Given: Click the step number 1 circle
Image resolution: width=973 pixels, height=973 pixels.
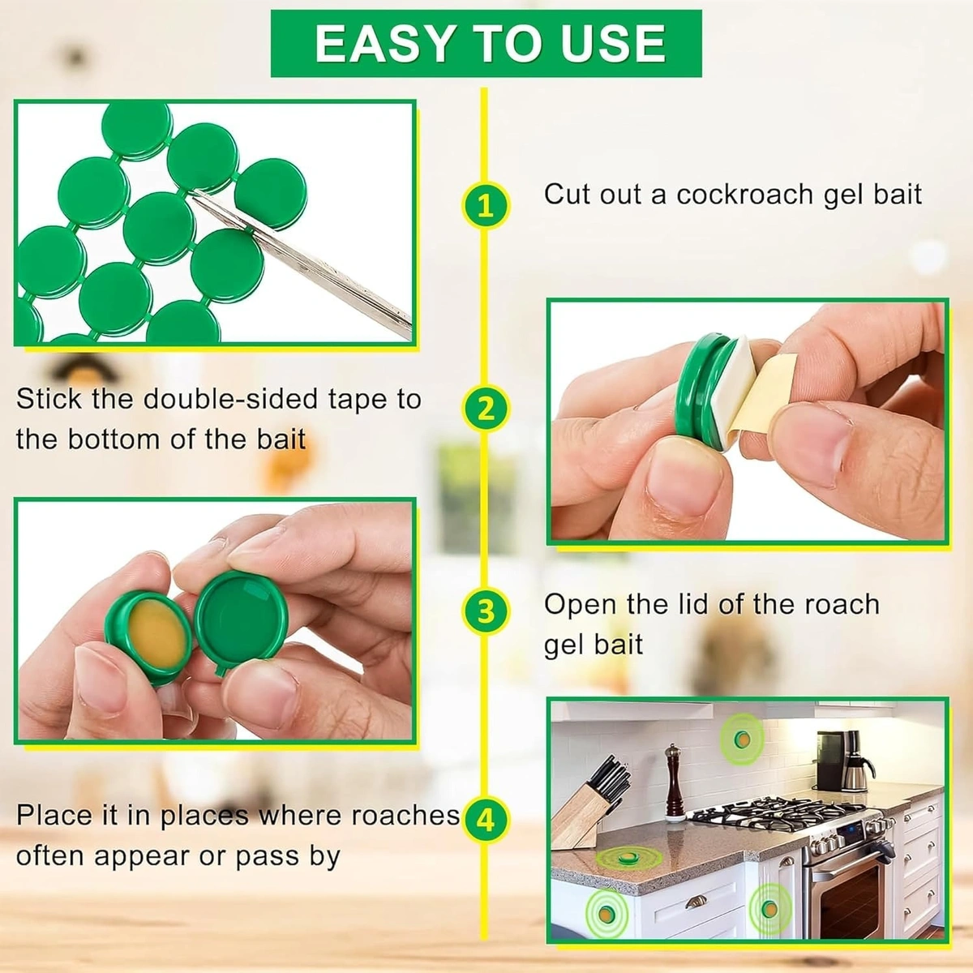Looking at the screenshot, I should click(x=485, y=206).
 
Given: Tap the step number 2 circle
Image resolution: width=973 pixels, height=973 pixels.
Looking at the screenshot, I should click(x=485, y=408).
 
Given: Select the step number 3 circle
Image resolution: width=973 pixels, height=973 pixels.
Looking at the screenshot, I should click(x=485, y=611).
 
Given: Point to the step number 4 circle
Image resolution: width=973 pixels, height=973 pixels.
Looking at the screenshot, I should click(x=485, y=820).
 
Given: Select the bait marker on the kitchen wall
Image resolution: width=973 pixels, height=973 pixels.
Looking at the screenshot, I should click(x=741, y=739).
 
